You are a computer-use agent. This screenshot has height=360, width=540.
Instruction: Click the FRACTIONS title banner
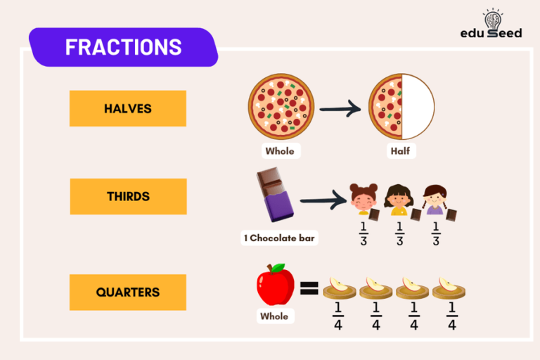pyautogui.click(x=123, y=47)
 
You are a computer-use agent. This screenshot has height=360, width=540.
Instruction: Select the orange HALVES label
pyautogui.click(x=128, y=108)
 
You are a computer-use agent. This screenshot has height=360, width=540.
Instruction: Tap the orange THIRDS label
pyautogui.click(x=128, y=196)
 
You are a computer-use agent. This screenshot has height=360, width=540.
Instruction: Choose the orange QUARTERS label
pyautogui.click(x=128, y=292)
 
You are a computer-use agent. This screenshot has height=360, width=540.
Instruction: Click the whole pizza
pyautogui.click(x=281, y=107)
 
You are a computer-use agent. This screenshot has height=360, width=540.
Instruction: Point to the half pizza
pyautogui.click(x=401, y=107)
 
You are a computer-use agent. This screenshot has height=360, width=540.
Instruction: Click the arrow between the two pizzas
pyautogui.click(x=340, y=109)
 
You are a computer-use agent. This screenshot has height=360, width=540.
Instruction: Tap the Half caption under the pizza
pyautogui.click(x=401, y=151)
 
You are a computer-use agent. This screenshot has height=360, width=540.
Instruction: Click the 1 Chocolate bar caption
pyautogui.click(x=279, y=238)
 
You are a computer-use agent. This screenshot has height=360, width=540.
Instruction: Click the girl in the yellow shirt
pyautogui.click(x=399, y=200)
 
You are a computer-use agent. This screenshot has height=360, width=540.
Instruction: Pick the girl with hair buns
pyautogui.click(x=364, y=200)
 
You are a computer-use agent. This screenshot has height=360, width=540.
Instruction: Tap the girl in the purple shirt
pyautogui.click(x=435, y=200)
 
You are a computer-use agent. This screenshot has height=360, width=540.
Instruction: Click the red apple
pyautogui.click(x=275, y=285)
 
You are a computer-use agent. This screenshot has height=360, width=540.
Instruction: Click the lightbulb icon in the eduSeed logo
pyautogui.click(x=491, y=18)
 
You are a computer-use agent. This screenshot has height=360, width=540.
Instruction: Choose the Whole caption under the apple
pyautogui.click(x=274, y=316)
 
